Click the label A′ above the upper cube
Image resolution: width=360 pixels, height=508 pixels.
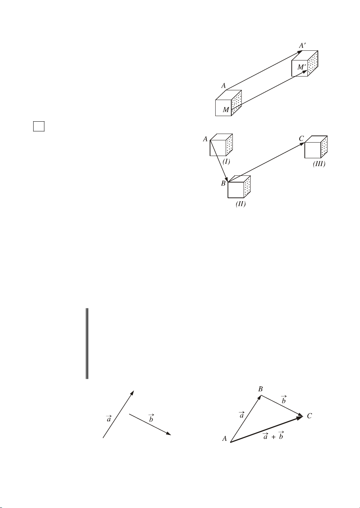pyautogui.click(x=302, y=46)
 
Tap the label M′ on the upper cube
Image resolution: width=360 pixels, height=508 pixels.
pyautogui.click(x=301, y=67)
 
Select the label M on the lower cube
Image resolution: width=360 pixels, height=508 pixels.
pyautogui.click(x=226, y=110)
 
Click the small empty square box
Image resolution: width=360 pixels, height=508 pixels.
pyautogui.click(x=39, y=126)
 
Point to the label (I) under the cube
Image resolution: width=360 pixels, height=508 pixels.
pyautogui.click(x=226, y=162)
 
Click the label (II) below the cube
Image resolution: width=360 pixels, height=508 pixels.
pyautogui.click(x=241, y=204)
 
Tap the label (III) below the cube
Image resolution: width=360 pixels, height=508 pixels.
pyautogui.click(x=319, y=164)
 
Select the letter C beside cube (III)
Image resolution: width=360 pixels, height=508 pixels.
pyautogui.click(x=301, y=138)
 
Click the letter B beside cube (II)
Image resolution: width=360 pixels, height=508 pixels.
pyautogui.click(x=223, y=183)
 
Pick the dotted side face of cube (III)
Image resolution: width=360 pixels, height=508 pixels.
pyautogui.click(x=324, y=147)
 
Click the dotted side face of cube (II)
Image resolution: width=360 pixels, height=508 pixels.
pyautogui.click(x=247, y=187)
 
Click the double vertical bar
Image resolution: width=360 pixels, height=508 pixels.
pyautogui.click(x=87, y=343)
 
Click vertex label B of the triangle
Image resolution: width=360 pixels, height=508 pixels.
pyautogui.click(x=260, y=389)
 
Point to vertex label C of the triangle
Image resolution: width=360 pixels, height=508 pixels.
pyautogui.click(x=309, y=416)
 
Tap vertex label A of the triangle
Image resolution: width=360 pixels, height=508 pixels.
pyautogui.click(x=225, y=439)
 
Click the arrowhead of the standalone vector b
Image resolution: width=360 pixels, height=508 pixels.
pyautogui.click(x=169, y=434)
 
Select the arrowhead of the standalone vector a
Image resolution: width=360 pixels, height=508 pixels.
pyautogui.click(x=132, y=393)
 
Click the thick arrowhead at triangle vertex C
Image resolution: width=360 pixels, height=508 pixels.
pyautogui.click(x=300, y=417)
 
